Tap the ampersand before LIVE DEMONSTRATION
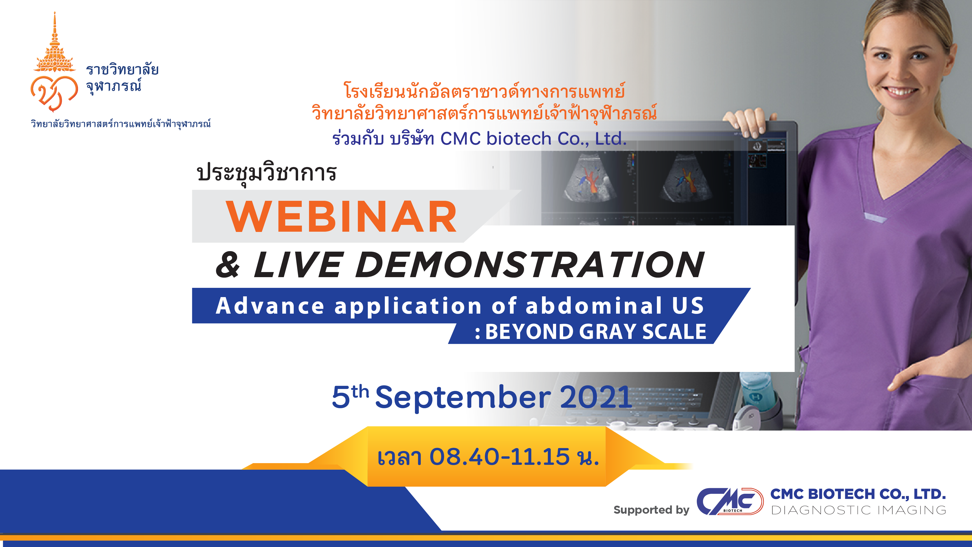[x=228, y=265]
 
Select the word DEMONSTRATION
[x=529, y=265]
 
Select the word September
[x=463, y=398]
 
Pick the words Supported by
[x=651, y=510]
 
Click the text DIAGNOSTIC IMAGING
[x=858, y=510]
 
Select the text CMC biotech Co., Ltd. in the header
[x=533, y=139]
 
